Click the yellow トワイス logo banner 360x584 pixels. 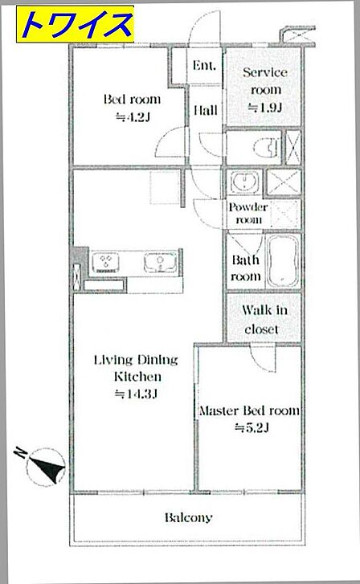75,24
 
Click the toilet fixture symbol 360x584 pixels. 267,147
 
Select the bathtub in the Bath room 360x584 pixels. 284,261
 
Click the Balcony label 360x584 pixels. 189,517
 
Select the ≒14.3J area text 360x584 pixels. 136,394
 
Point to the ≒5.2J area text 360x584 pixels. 252,428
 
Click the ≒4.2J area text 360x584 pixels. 133,118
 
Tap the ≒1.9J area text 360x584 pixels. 265,108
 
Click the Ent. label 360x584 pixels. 204,66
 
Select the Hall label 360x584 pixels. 206,110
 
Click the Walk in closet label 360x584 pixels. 264,320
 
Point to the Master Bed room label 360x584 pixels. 249,410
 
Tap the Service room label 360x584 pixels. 265,81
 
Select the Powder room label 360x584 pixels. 248,214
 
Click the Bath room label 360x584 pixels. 246,268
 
